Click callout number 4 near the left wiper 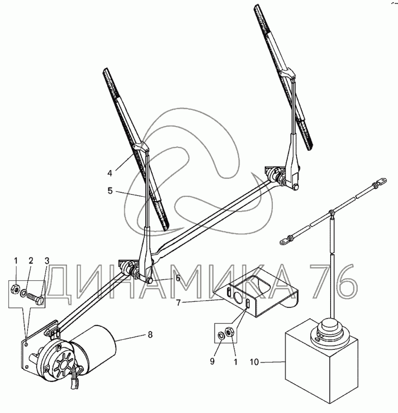tap(110, 173)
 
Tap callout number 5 tap(110, 191)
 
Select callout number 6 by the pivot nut tap(178, 278)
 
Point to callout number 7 tap(178, 303)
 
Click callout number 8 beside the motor tap(150, 335)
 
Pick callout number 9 tap(213, 361)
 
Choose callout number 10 tap(254, 362)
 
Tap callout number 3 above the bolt tap(47, 261)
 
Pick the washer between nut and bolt tap(24, 293)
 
